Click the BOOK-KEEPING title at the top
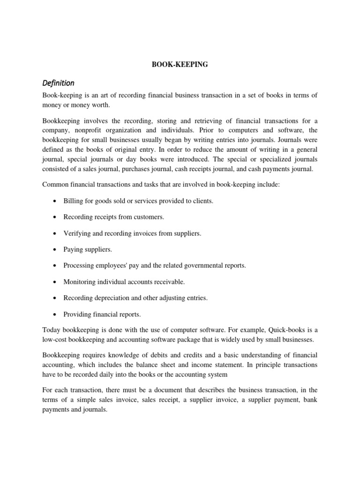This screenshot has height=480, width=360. tap(180, 65)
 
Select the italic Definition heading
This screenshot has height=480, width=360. tap(58, 83)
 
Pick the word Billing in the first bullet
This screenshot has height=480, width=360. tap(74, 201)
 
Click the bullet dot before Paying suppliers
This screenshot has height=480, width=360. tap(56, 249)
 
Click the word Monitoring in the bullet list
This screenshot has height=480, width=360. tap(80, 282)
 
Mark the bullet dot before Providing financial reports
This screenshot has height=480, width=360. tap(56, 314)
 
